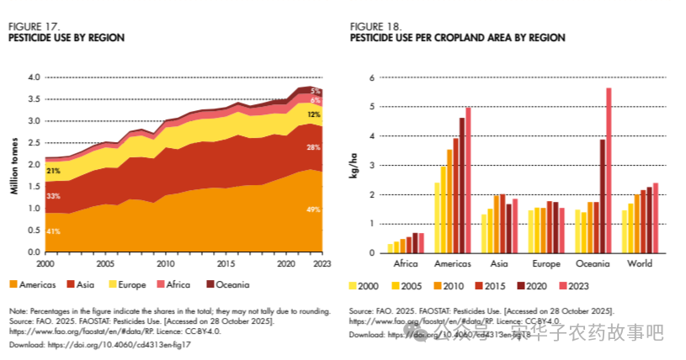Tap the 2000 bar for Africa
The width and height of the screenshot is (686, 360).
coord(390,248)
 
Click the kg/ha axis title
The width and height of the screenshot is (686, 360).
coord(354,165)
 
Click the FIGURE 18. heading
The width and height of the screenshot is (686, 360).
coord(375,27)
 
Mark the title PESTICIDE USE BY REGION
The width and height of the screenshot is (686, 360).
coord(66,38)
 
